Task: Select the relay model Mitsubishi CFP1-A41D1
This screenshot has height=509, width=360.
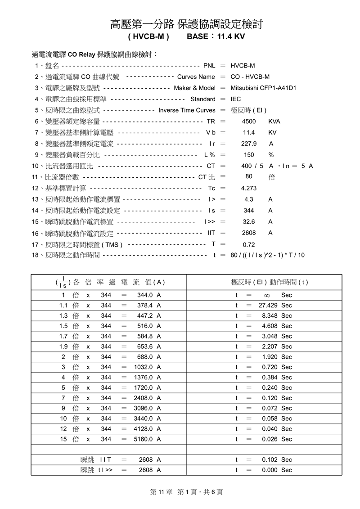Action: click(x=263, y=88)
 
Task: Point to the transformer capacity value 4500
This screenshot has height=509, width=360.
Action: click(x=248, y=122)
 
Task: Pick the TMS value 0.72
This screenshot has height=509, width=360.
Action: click(x=249, y=245)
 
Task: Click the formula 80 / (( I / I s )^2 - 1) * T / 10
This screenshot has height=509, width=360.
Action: click(x=267, y=255)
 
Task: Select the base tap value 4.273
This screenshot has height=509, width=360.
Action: click(x=249, y=189)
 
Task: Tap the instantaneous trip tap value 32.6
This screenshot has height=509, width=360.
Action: click(x=249, y=222)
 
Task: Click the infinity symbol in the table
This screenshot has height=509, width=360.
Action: click(x=266, y=296)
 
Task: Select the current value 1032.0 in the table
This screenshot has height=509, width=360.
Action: click(x=144, y=367)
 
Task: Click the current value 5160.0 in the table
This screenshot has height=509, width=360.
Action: click(x=144, y=439)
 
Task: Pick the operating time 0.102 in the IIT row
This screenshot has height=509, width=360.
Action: click(x=270, y=460)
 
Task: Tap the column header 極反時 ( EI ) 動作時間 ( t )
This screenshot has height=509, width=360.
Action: click(x=269, y=282)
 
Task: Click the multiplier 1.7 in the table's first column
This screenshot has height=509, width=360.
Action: click(x=63, y=336)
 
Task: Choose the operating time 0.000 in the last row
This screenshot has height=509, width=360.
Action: click(x=270, y=470)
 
